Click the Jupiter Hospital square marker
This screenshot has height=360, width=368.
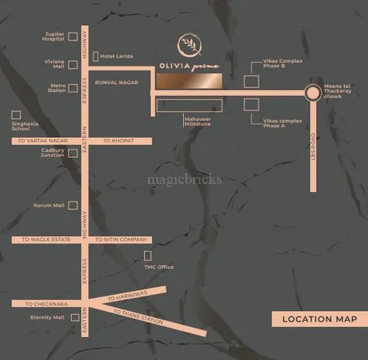tap(73, 37)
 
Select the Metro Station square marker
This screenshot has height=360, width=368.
tap(73, 88)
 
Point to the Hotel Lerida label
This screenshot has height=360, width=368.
tap(117, 56)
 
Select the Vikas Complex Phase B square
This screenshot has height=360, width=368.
tap(251, 81)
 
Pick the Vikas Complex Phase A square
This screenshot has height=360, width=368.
tap(251, 104)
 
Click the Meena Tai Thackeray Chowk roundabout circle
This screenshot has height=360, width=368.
tap(312, 93)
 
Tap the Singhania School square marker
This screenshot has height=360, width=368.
tap(15, 116)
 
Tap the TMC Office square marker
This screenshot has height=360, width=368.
tap(148, 256)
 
